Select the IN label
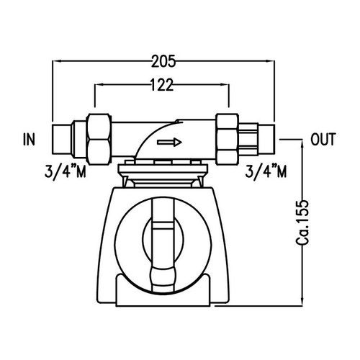coord(29,139)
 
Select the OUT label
coord(322,139)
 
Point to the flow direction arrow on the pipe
coord(170,143)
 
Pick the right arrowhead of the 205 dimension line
coord(274,62)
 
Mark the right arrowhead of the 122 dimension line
coord(225,86)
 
